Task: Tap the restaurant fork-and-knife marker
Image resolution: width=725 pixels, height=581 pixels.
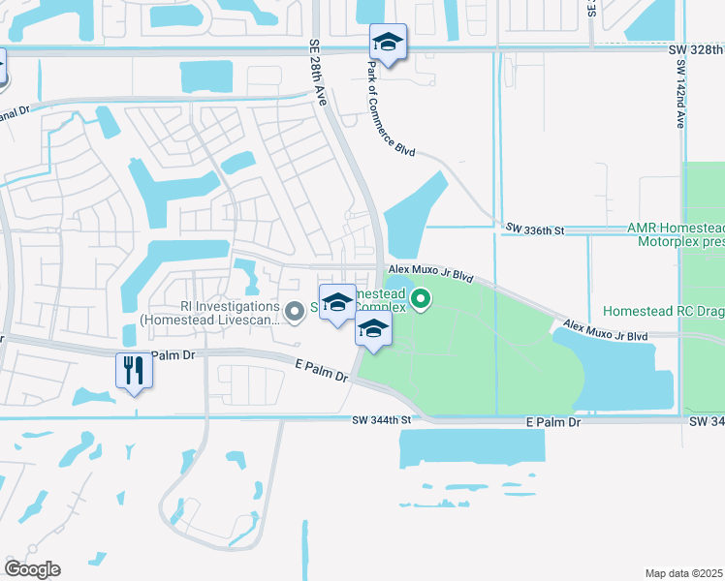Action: click(x=134, y=370)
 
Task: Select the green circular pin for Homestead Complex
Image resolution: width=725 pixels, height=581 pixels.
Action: click(x=420, y=300)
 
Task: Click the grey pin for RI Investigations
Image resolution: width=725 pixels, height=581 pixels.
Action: click(x=296, y=310)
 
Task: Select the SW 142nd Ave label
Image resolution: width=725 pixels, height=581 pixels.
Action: click(x=680, y=93)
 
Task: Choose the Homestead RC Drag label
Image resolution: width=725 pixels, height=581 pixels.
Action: click(x=663, y=312)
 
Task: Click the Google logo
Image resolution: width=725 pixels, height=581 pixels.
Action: click(x=32, y=568)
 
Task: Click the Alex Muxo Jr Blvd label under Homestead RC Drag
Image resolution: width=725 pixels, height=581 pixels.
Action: click(x=605, y=330)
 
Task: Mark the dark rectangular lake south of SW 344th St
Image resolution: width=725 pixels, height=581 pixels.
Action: click(x=471, y=447)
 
